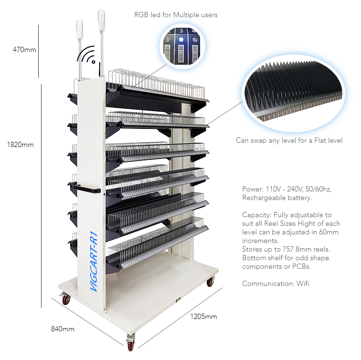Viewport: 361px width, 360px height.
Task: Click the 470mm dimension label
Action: tap(24, 49)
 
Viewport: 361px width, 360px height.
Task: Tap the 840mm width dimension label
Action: tap(63, 328)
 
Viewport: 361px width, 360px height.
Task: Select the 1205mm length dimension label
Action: tap(203, 316)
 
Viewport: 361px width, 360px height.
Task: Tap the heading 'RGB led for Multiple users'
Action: tap(176, 15)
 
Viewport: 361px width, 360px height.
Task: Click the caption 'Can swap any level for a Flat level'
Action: tap(289, 140)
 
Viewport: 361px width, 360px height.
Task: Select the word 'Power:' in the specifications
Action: tap(252, 189)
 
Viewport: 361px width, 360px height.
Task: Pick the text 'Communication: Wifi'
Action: tap(275, 284)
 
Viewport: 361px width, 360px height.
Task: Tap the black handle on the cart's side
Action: tap(87, 191)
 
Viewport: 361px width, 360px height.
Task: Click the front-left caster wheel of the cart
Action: tap(66, 300)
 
